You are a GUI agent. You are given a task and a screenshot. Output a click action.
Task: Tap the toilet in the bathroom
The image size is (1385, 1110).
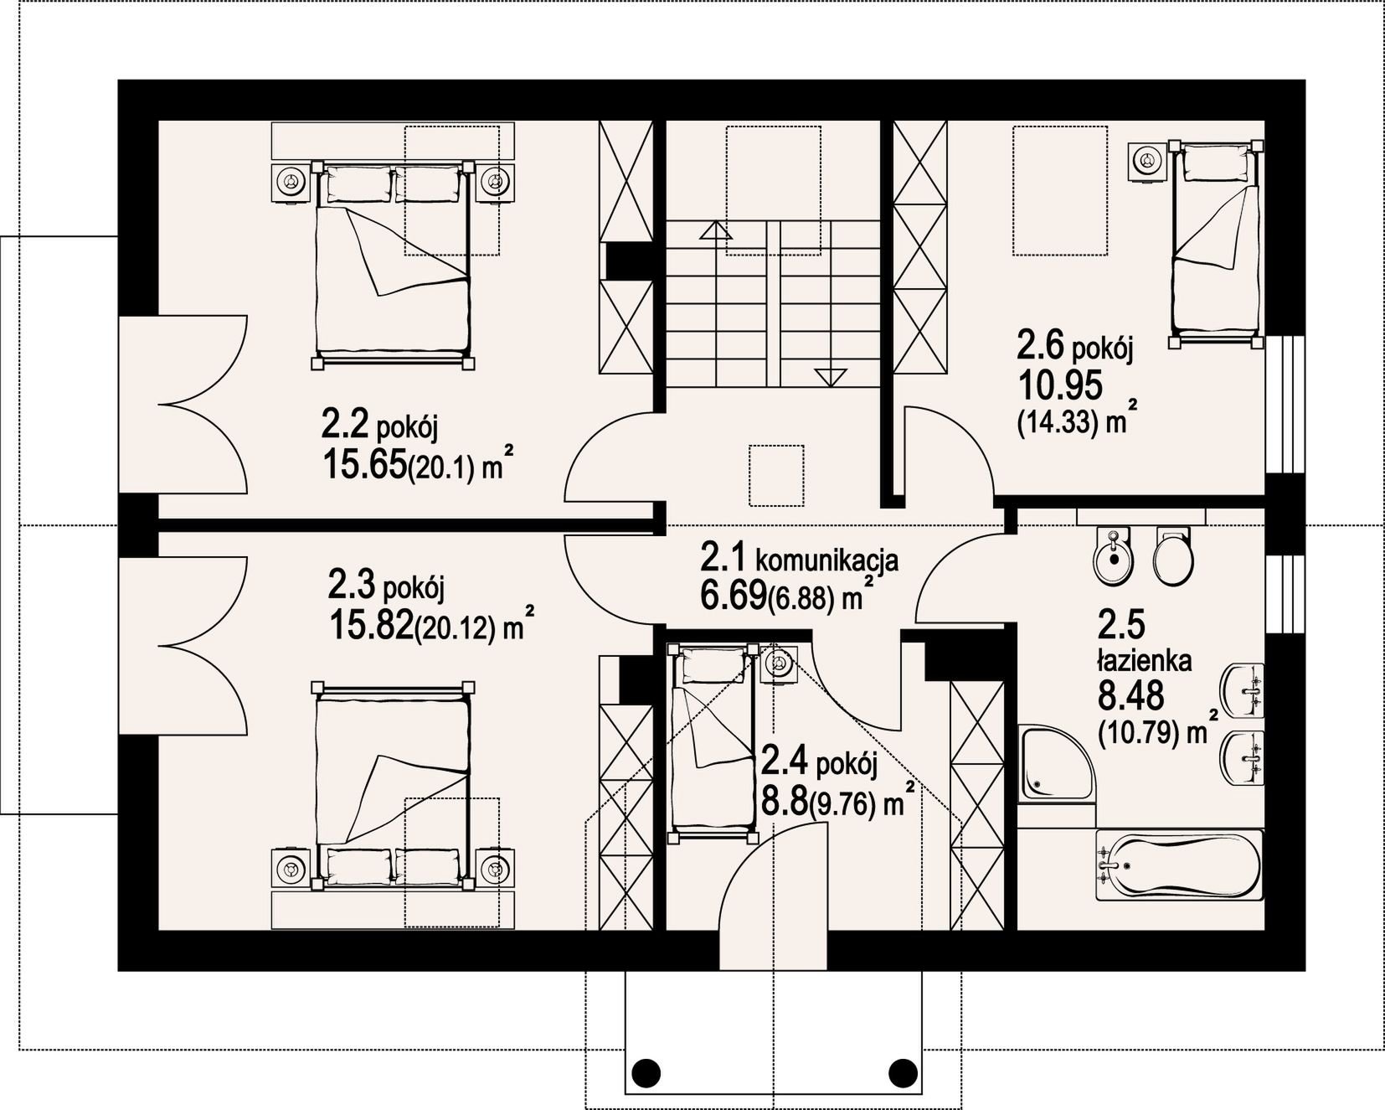point(1173,555)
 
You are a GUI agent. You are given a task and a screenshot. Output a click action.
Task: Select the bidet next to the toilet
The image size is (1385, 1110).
point(1113,557)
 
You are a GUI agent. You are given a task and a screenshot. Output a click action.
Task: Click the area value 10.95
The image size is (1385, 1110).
point(1059,385)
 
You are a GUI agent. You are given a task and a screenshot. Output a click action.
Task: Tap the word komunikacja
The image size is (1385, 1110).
point(827,559)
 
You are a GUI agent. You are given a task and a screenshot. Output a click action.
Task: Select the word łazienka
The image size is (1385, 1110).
point(1144,661)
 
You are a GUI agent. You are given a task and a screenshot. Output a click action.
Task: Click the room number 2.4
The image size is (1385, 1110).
point(785,762)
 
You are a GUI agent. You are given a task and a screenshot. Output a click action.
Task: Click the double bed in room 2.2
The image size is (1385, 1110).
point(391,264)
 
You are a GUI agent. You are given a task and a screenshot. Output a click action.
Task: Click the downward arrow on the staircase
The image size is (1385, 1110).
point(830,377)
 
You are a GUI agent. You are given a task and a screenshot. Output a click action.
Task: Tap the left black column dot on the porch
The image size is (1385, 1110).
point(646,1071)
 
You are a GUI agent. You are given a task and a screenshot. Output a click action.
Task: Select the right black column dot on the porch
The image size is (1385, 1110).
point(902,1071)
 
